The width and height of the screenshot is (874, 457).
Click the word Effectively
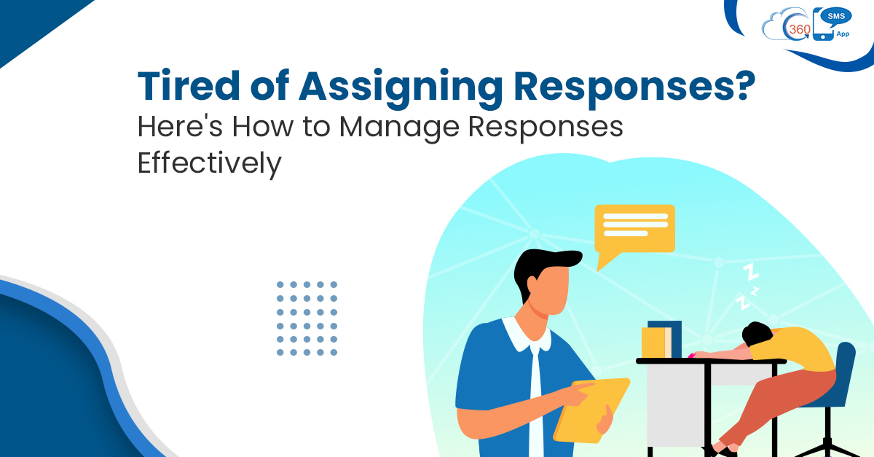[209, 163]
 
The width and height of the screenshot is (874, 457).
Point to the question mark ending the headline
[741, 88]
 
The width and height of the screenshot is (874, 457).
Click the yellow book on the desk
[653, 342]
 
